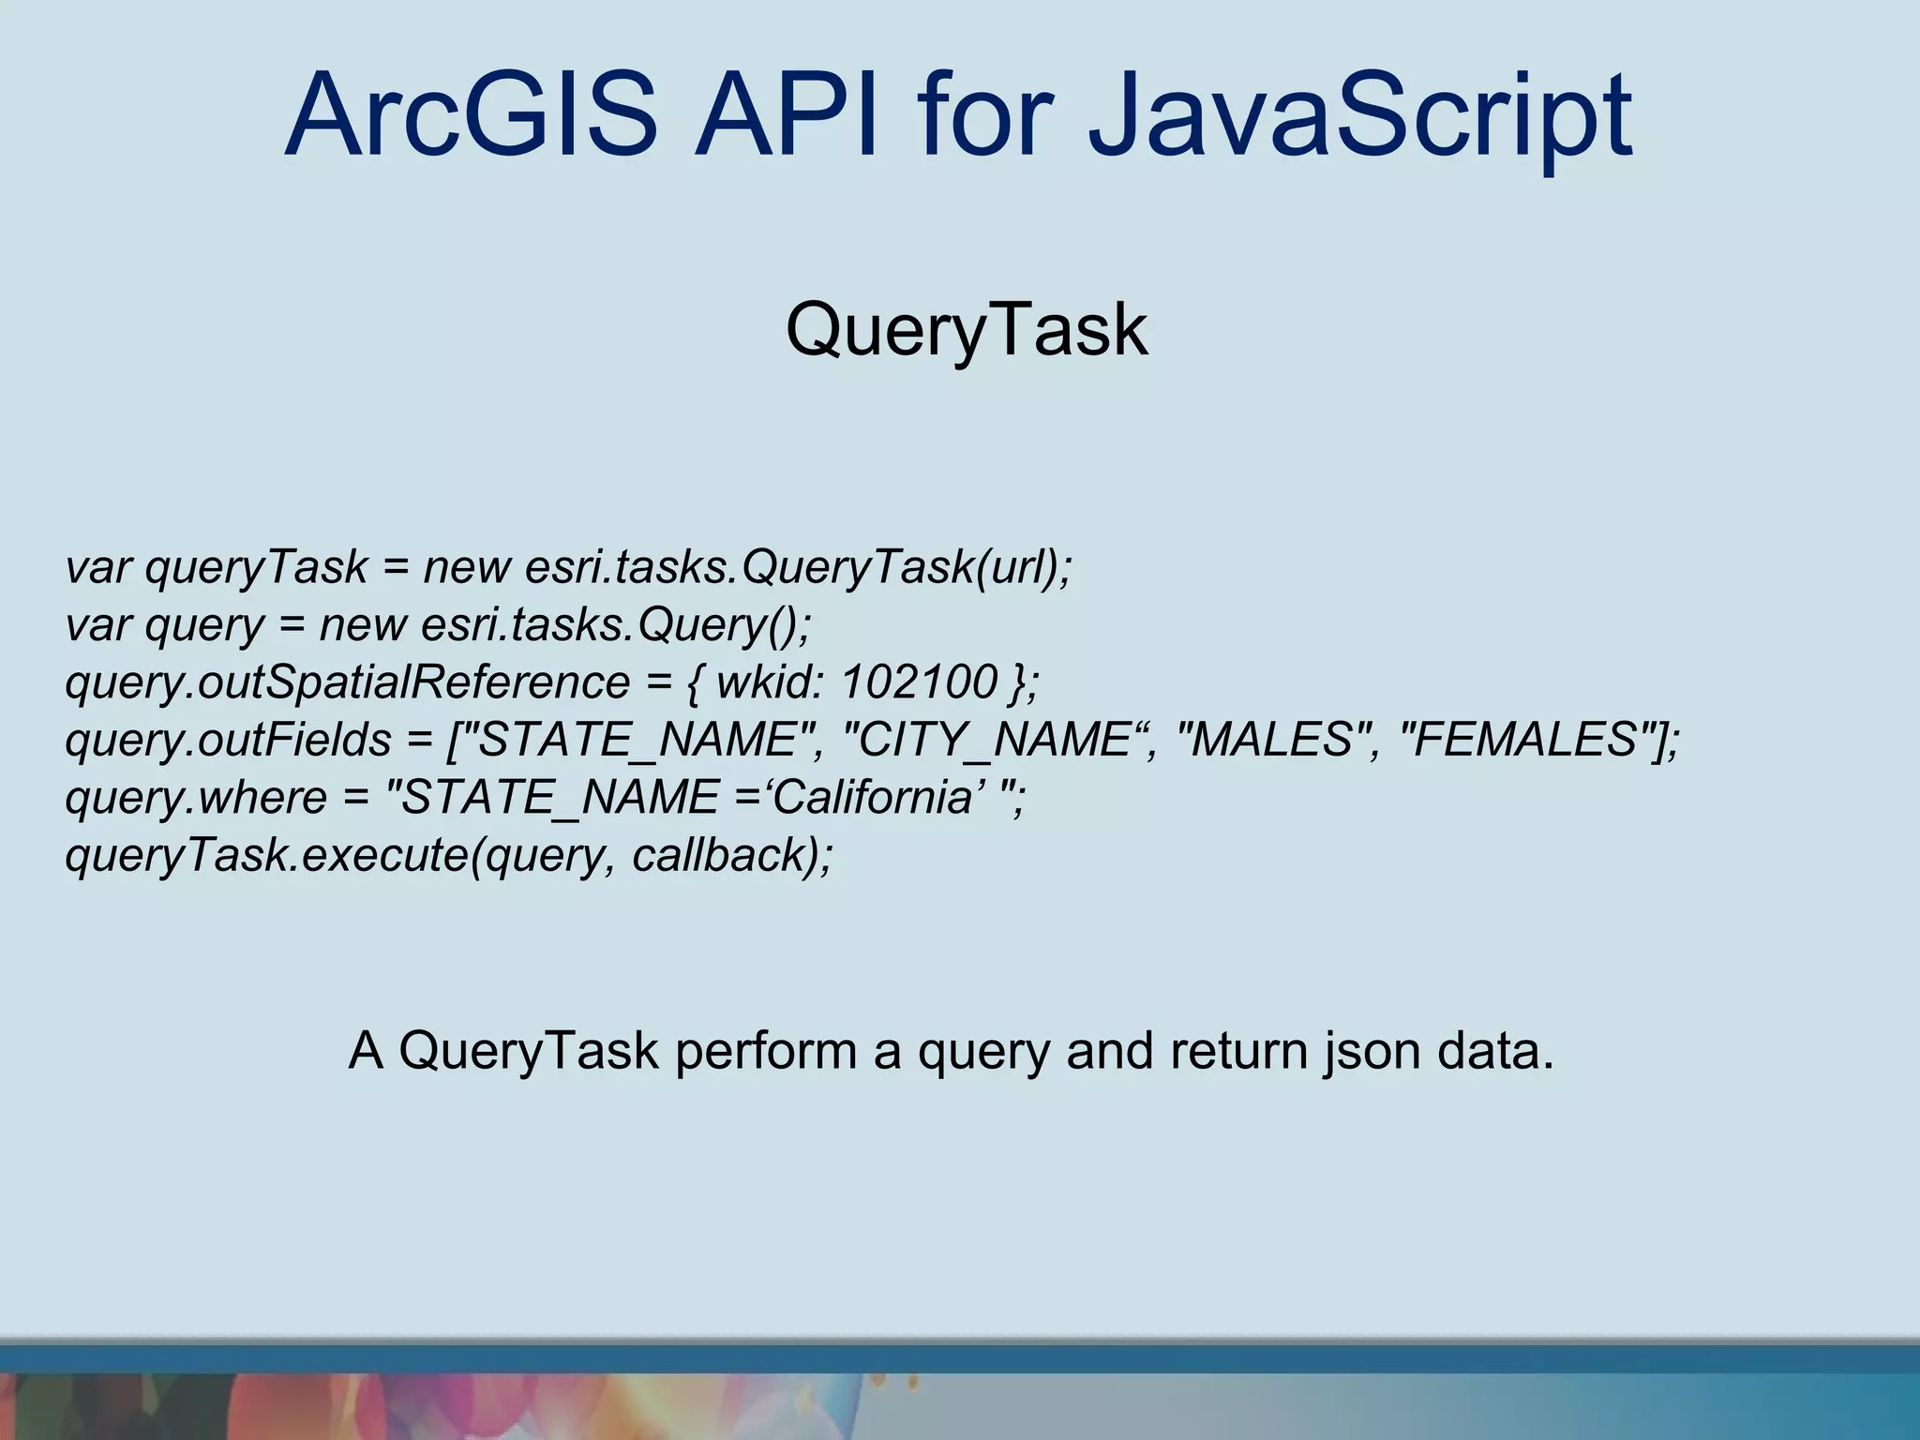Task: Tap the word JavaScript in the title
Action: coord(1359,116)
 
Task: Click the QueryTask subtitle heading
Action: coord(967,330)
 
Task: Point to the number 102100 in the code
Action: coord(920,682)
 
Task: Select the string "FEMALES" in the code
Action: coord(1524,740)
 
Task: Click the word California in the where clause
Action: coord(872,798)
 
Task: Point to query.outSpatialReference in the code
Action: coord(347,682)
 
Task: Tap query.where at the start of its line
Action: coord(195,798)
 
